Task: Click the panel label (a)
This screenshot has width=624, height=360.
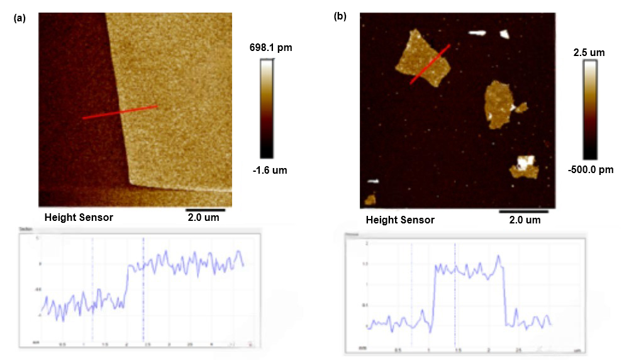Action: coord(19,18)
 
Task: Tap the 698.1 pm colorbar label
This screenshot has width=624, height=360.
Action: coord(271,47)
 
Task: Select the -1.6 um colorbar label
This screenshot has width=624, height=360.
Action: coord(269,170)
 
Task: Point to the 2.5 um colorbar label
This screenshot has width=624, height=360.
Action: coord(589,52)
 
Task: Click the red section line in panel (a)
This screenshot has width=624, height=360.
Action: coord(120,112)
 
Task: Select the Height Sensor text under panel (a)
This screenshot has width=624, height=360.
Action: coord(79,217)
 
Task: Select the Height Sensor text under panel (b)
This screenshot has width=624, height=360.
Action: coord(400,220)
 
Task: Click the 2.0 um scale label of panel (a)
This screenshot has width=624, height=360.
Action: coord(205,217)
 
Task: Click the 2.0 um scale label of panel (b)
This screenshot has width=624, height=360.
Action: coord(525,220)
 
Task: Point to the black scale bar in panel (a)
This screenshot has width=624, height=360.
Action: coord(205,209)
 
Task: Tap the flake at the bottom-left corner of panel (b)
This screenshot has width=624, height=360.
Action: coord(370,200)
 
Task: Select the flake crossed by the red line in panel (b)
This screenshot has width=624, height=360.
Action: coord(421,60)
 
